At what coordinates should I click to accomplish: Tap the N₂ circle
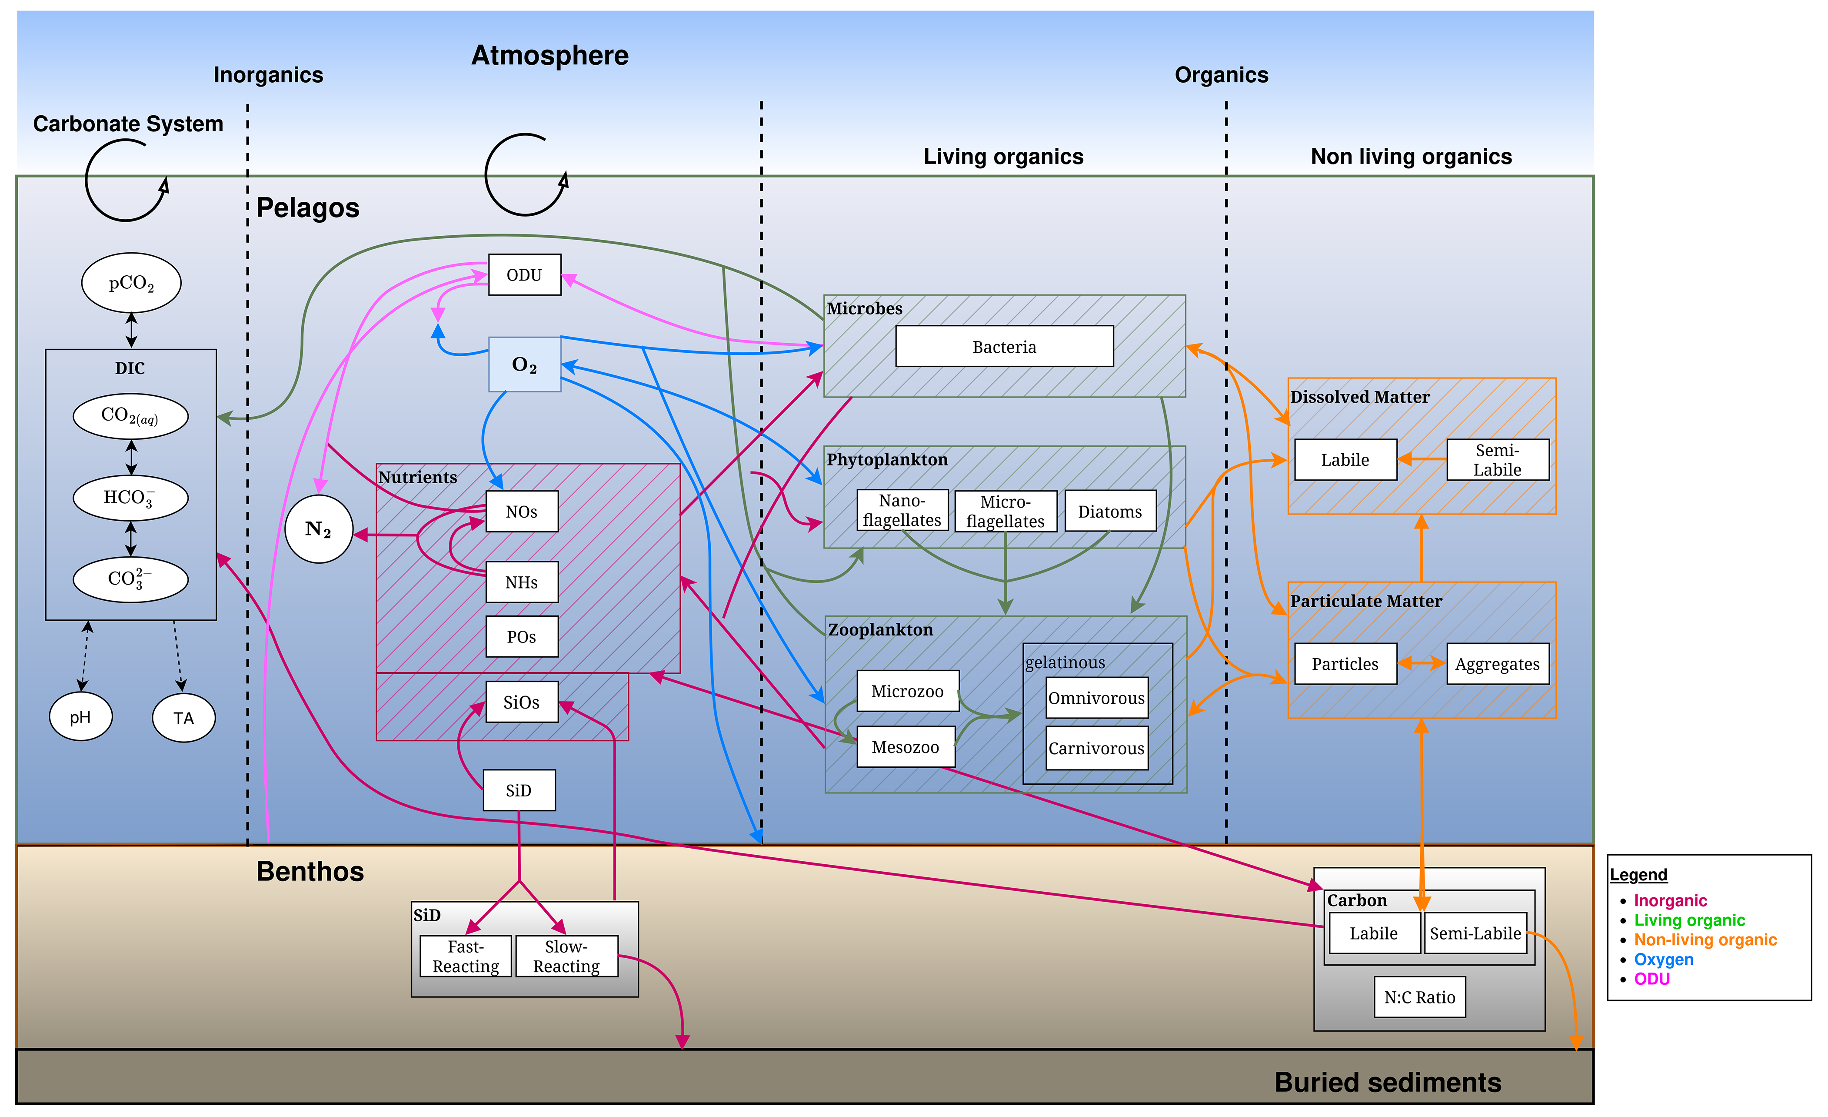click(x=318, y=529)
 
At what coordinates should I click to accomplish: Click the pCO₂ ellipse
click(x=131, y=283)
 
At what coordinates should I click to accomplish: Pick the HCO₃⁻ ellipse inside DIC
click(x=130, y=497)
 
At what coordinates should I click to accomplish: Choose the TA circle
click(x=183, y=718)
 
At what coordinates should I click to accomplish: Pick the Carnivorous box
click(x=1096, y=748)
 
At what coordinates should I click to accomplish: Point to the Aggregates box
click(x=1497, y=663)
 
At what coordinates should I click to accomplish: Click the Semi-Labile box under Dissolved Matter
click(x=1497, y=459)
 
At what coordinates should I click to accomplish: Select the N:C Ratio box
click(x=1419, y=997)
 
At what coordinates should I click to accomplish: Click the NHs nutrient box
click(x=522, y=582)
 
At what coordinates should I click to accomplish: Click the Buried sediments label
click(x=1387, y=1082)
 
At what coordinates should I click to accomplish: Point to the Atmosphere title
click(x=550, y=56)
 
